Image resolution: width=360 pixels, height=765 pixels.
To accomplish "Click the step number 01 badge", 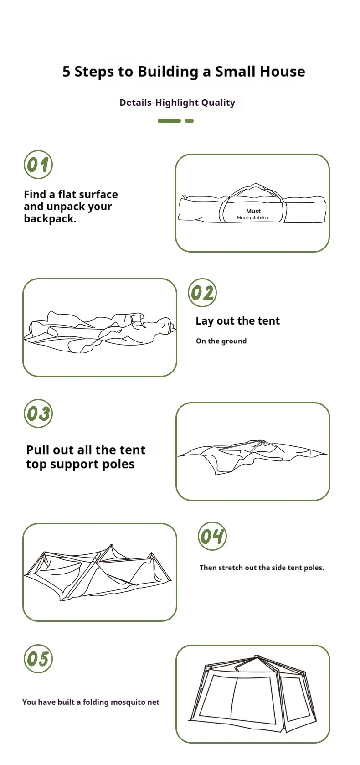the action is [38, 164].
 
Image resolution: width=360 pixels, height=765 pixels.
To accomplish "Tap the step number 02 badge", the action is [202, 292].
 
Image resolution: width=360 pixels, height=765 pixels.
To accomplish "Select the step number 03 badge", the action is [38, 413].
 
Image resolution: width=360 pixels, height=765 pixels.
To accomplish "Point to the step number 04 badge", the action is [212, 536].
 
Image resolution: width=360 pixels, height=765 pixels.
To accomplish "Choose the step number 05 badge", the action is [38, 659].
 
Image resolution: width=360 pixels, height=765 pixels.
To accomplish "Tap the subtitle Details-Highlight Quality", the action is [177, 103].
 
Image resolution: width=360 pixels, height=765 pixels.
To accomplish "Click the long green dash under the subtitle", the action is [169, 120].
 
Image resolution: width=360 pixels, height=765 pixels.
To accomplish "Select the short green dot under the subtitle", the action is [190, 120].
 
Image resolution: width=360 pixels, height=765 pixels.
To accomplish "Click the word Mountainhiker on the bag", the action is [253, 217].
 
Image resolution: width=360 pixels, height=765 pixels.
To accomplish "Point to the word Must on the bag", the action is [253, 212].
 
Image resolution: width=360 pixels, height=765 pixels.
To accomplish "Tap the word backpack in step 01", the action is [50, 218].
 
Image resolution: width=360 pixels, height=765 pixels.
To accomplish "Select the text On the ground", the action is [221, 341].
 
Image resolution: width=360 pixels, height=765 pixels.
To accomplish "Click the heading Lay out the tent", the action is [237, 320].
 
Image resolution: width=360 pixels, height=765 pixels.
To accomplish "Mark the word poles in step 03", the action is [117, 464].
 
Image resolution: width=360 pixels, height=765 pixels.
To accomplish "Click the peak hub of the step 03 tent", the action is [262, 440].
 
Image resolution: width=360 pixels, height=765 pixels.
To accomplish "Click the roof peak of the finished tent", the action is [257, 656].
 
